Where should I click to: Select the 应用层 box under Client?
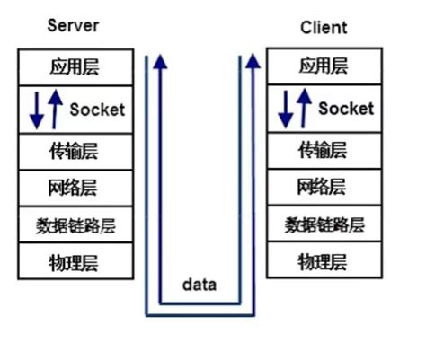point(322,67)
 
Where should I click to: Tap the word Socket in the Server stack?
point(97,110)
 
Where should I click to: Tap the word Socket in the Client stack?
point(346,109)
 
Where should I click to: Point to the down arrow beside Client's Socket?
point(286,109)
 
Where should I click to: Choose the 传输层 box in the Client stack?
point(322,149)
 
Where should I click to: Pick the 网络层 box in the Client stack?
point(322,187)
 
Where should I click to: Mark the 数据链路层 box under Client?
point(322,225)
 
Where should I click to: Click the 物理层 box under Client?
point(322,262)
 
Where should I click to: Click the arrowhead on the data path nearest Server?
point(160,60)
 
